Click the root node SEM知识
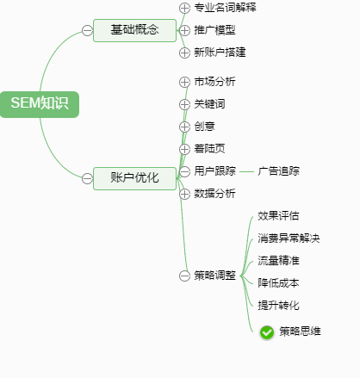pos(40,104)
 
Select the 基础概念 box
pos(134,30)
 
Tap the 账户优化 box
pos(134,178)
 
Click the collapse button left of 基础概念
pos(87,30)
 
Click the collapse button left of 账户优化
pos(87,178)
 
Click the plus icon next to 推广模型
pos(184,30)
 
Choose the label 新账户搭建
pos(220,53)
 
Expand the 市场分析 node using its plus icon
pos(184,82)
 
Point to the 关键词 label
pos(209,104)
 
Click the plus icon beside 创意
pos(184,127)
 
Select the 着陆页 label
pos(209,149)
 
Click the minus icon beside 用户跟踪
pos(184,171)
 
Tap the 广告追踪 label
pos(278,171)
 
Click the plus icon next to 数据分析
pos(184,194)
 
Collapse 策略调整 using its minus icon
pos(184,276)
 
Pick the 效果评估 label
pos(278,216)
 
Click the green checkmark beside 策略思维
pos(267,332)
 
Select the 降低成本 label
pos(278,283)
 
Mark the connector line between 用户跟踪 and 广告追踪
pos(246,172)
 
